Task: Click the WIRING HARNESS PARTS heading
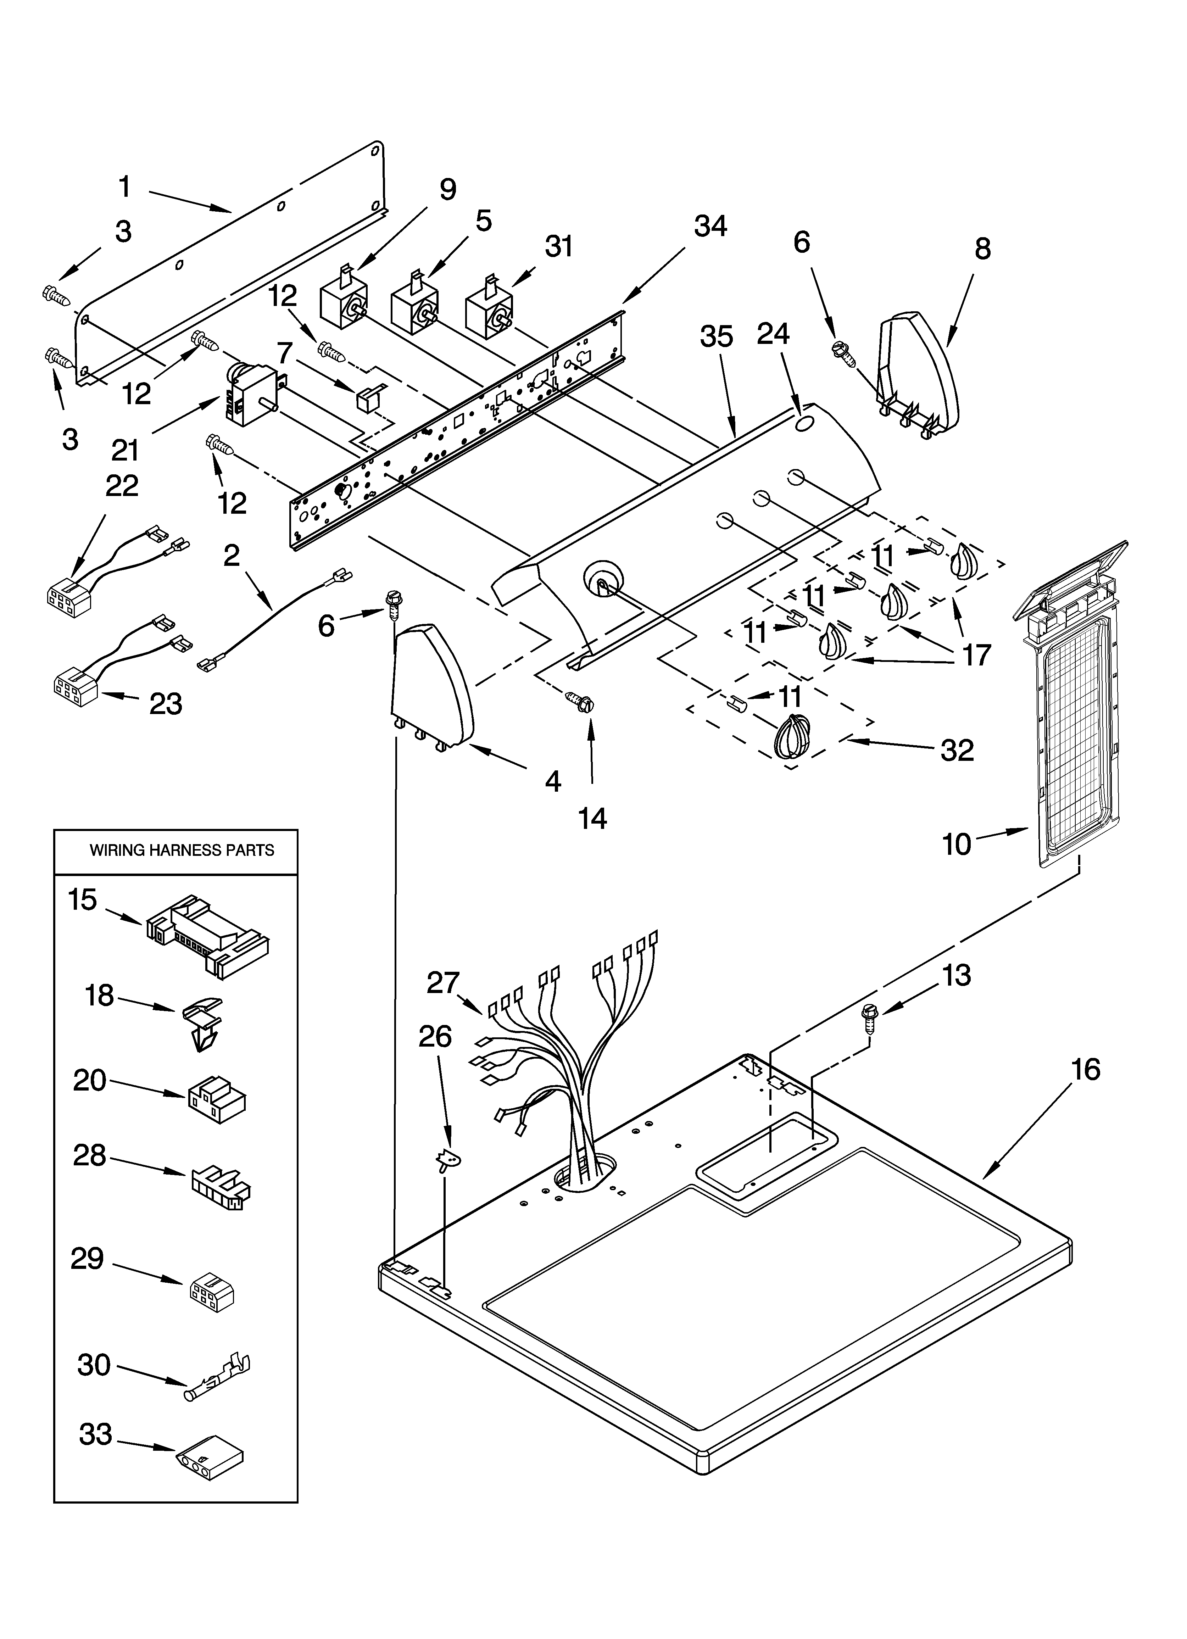(182, 851)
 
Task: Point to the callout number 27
(443, 983)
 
